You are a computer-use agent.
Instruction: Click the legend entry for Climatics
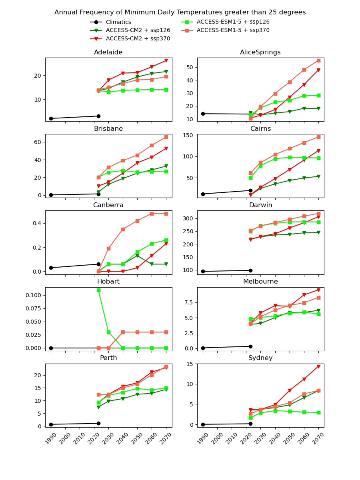coord(118,22)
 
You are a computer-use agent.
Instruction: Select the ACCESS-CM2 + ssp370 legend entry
coord(138,39)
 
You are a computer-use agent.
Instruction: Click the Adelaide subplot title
coord(108,52)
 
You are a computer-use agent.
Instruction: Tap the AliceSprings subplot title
coord(260,52)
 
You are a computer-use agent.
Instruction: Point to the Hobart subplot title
coord(108,282)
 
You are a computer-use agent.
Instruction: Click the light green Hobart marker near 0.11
coord(98,290)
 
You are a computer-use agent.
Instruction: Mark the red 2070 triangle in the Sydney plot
coord(318,366)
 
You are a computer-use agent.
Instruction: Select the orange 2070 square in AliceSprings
coord(318,60)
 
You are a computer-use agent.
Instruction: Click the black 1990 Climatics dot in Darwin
coord(203,271)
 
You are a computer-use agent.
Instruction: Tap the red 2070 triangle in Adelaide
coord(166,60)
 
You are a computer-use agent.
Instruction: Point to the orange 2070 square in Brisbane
coord(166,137)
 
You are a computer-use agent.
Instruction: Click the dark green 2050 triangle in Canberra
coord(137,256)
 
